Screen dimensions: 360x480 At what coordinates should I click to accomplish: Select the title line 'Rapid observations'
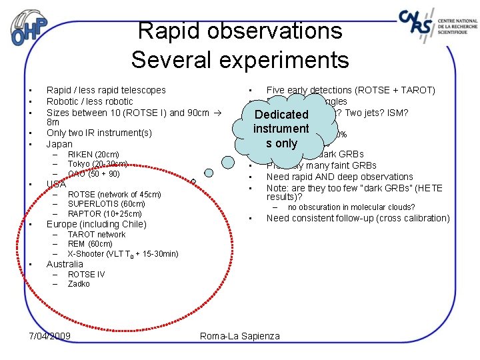(239, 31)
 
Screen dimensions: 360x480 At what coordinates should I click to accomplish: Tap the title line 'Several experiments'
(239, 60)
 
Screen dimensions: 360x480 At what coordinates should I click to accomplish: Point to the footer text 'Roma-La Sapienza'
(240, 336)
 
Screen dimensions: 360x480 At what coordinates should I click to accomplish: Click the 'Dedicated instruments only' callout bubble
(281, 129)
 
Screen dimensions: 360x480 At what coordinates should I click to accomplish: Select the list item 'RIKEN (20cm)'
(93, 155)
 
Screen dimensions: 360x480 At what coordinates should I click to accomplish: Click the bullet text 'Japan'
(59, 144)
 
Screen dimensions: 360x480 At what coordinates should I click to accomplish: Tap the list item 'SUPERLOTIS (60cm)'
(106, 204)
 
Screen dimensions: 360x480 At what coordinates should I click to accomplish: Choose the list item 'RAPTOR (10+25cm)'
(104, 214)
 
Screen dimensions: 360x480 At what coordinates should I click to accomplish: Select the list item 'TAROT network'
(97, 235)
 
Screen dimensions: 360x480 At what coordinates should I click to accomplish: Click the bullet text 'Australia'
(65, 264)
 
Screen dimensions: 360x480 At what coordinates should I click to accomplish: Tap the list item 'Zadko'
(79, 284)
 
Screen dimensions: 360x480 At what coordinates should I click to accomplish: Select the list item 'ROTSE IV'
(86, 275)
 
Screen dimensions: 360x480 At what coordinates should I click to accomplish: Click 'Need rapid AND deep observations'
(339, 177)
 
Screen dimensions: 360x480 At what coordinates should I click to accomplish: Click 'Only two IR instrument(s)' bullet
(99, 133)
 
